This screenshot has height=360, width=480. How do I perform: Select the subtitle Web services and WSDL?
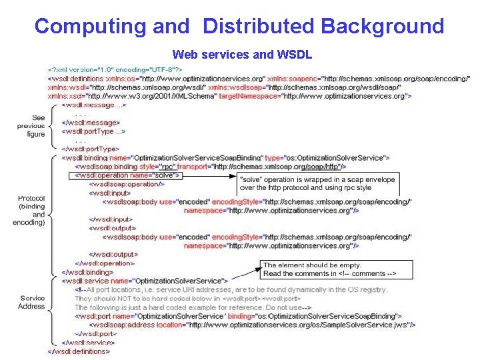click(x=242, y=54)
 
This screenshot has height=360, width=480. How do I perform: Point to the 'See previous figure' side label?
click(x=31, y=126)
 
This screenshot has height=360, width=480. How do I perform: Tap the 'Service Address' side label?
click(x=32, y=302)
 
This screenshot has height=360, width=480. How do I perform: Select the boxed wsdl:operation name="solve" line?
click(x=117, y=175)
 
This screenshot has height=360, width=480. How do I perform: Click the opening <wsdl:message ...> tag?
click(x=94, y=105)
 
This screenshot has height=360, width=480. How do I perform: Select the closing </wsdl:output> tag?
click(x=115, y=254)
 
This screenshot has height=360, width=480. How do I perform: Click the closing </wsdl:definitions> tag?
click(x=79, y=351)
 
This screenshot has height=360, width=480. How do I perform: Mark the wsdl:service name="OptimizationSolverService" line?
click(x=145, y=281)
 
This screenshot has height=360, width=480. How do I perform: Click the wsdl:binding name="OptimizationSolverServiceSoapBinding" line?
click(x=225, y=157)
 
